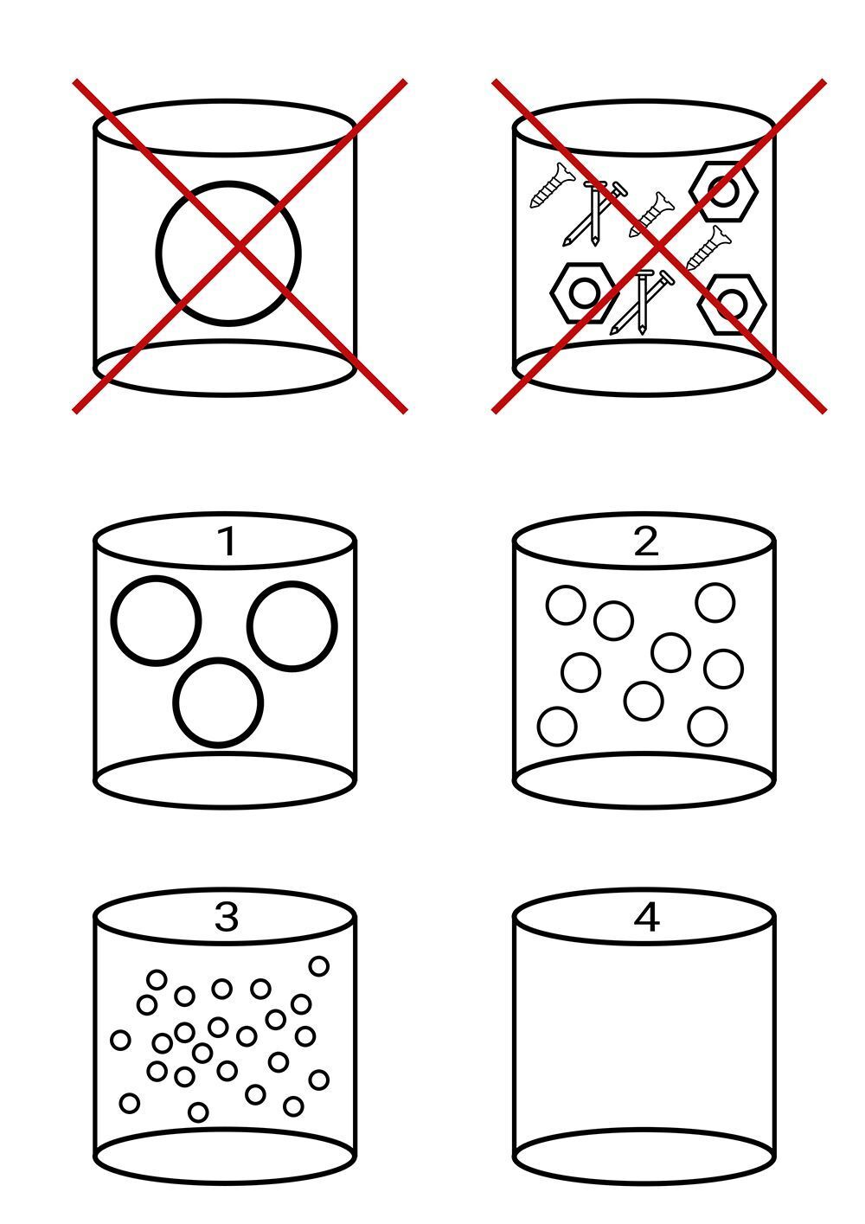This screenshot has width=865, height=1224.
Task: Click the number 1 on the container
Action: click(x=226, y=542)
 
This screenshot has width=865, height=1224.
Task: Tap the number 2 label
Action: click(x=646, y=542)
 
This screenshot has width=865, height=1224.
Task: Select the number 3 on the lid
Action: click(x=226, y=917)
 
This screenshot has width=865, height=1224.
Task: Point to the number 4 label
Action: click(x=646, y=917)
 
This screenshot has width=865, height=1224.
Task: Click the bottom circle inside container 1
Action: click(x=218, y=702)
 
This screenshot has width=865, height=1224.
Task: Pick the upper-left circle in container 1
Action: click(x=156, y=621)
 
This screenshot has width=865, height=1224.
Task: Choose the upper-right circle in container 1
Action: click(x=292, y=625)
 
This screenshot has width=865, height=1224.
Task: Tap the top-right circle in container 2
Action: click(x=715, y=603)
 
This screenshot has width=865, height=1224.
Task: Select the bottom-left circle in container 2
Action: click(x=557, y=727)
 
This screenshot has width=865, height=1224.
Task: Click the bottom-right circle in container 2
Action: click(x=708, y=727)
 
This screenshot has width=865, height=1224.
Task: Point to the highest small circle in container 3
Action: click(x=319, y=966)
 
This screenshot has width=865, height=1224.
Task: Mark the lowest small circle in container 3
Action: click(x=198, y=1112)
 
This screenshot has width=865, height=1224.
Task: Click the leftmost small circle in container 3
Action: click(x=120, y=1040)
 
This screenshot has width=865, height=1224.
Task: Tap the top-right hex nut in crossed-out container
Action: click(x=724, y=191)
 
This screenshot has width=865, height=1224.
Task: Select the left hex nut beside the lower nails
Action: click(x=584, y=293)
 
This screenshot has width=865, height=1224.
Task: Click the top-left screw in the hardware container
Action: click(x=552, y=186)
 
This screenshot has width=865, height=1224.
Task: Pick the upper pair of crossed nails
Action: click(x=593, y=212)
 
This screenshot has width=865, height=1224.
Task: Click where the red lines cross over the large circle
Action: click(x=240, y=247)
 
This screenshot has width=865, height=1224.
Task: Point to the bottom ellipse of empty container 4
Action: click(x=644, y=1157)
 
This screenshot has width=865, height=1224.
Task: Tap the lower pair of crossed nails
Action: click(x=641, y=302)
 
